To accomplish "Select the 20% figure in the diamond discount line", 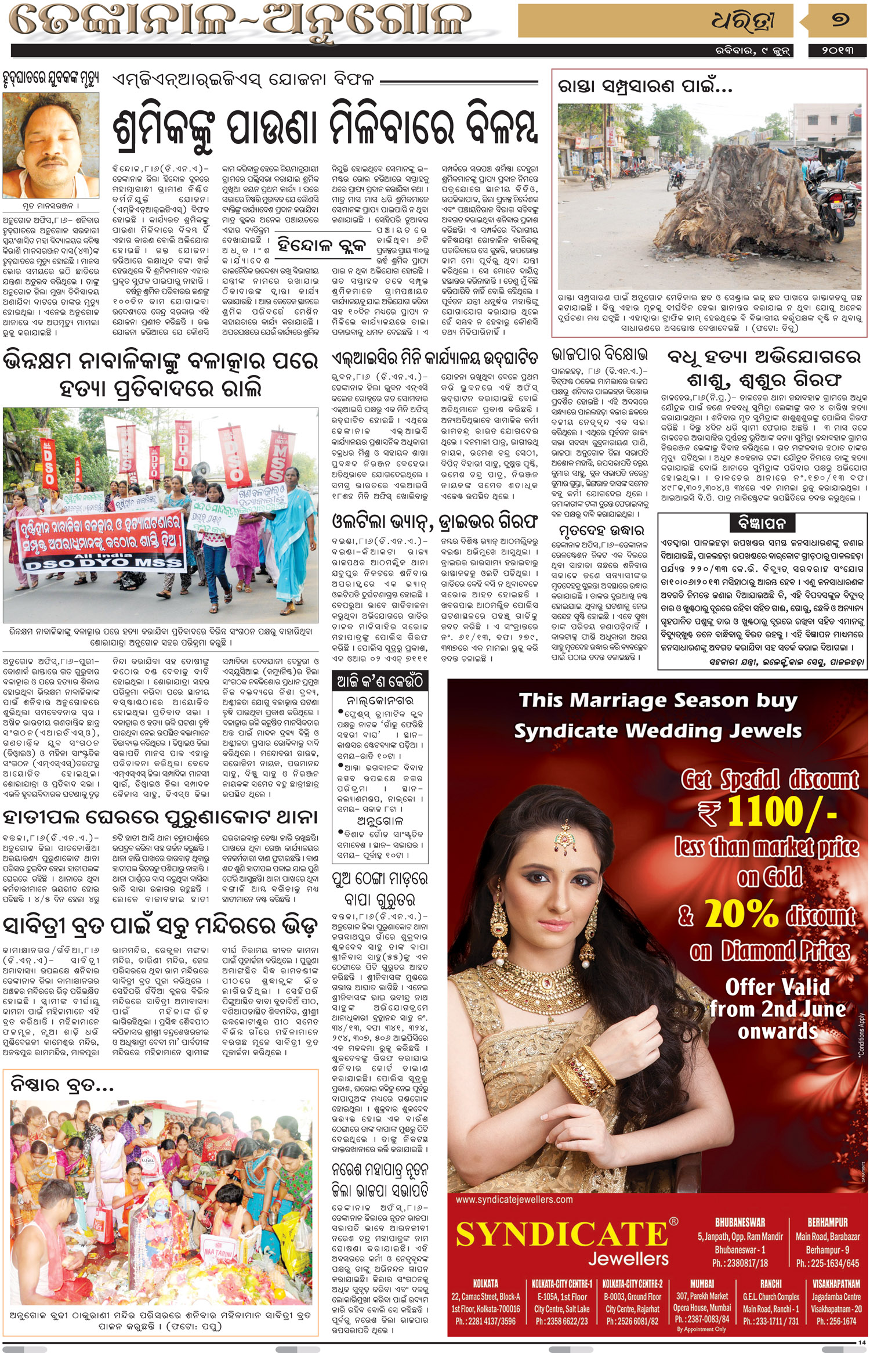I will click(741, 914).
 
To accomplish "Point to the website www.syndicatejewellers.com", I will click(514, 1199).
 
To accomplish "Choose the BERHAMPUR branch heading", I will click(828, 1222).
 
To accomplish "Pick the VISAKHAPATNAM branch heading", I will click(836, 1283).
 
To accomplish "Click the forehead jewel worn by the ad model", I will click(562, 840).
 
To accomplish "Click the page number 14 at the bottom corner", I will click(861, 1342).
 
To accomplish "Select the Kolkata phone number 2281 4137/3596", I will click(485, 1321).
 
